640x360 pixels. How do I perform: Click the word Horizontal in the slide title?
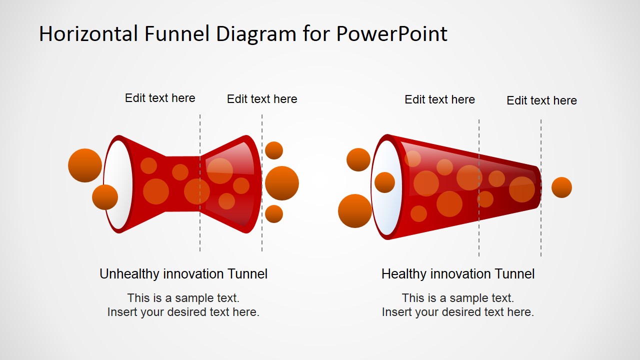88,34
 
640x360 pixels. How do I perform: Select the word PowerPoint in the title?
391,34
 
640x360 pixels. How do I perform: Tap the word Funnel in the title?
177,34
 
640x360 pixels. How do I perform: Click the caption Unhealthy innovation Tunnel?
183,274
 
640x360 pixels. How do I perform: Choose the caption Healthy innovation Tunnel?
458,274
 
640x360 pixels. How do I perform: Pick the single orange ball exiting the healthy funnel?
561,187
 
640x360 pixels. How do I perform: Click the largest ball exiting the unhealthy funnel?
282,183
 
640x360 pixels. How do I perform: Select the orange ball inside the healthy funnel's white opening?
384,182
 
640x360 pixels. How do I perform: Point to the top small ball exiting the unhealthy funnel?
274,150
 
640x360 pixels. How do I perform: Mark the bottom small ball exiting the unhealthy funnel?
274,214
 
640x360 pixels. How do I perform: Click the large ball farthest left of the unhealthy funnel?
85,165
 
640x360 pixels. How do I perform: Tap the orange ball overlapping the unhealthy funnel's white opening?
105,197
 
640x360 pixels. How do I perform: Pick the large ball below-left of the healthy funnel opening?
355,211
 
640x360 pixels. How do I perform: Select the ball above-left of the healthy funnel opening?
358,159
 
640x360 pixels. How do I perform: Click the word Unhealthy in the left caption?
129,274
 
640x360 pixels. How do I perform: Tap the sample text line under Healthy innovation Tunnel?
458,298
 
